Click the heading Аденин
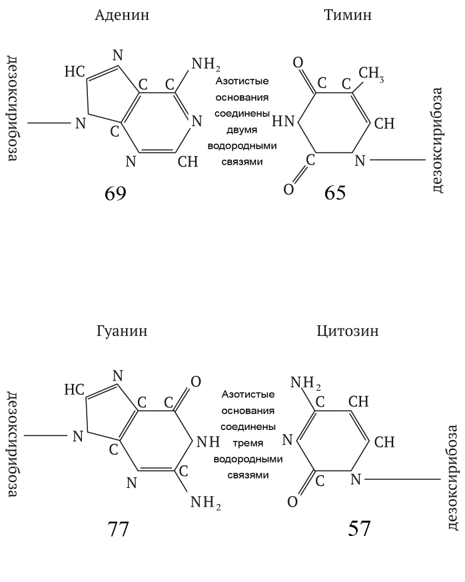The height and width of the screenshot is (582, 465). point(122,15)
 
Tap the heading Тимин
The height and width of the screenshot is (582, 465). point(348,15)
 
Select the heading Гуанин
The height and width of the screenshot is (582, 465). point(122,331)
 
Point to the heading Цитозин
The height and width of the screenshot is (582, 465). point(348,331)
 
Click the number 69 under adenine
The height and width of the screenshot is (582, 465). point(115,193)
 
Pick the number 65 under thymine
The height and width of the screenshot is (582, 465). point(335,193)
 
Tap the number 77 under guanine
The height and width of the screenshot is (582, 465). point(118,529)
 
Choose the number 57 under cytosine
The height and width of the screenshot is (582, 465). point(359,528)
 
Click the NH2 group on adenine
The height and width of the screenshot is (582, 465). point(206,65)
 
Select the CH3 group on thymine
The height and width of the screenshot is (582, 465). point(371,73)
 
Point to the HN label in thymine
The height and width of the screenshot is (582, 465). point(283,121)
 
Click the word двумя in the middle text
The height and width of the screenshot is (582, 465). point(242,130)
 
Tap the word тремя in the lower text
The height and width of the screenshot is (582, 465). point(248,443)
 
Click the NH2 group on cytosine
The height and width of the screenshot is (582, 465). point(305,383)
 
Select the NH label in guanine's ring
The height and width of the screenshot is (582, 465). point(208,442)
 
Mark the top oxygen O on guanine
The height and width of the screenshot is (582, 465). point(195,381)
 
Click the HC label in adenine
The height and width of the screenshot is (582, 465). point(75,71)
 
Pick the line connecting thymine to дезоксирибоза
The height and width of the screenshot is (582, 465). point(398,160)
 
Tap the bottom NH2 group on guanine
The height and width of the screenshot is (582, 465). point(206,503)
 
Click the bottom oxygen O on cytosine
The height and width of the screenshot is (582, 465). point(292,502)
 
